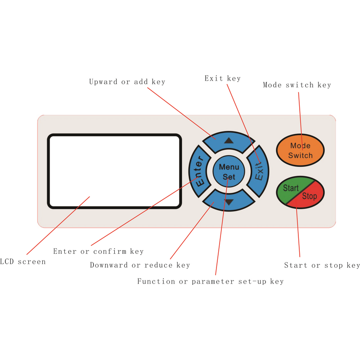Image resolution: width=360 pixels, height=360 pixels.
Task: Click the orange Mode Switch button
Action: (300, 150)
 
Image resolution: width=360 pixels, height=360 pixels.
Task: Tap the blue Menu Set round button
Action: (229, 171)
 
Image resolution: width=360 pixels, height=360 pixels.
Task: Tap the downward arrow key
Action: (229, 201)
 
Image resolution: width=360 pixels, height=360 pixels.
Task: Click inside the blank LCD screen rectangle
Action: (115, 171)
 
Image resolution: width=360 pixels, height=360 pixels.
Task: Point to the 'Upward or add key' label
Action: (127, 82)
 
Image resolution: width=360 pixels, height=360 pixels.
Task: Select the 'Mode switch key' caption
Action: (297, 85)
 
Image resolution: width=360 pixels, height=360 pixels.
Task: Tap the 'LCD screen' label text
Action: (23, 261)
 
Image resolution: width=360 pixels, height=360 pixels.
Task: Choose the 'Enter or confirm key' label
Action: (98, 251)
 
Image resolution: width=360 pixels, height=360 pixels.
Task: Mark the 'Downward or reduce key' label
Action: (140, 265)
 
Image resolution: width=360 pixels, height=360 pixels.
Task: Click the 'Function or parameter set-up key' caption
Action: (211, 281)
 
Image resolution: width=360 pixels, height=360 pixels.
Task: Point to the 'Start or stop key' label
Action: (322, 265)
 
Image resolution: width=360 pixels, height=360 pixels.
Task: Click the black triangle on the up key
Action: (229, 140)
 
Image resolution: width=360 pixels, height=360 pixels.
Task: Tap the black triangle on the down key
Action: (229, 202)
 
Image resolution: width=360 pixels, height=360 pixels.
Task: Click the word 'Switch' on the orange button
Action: (300, 155)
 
